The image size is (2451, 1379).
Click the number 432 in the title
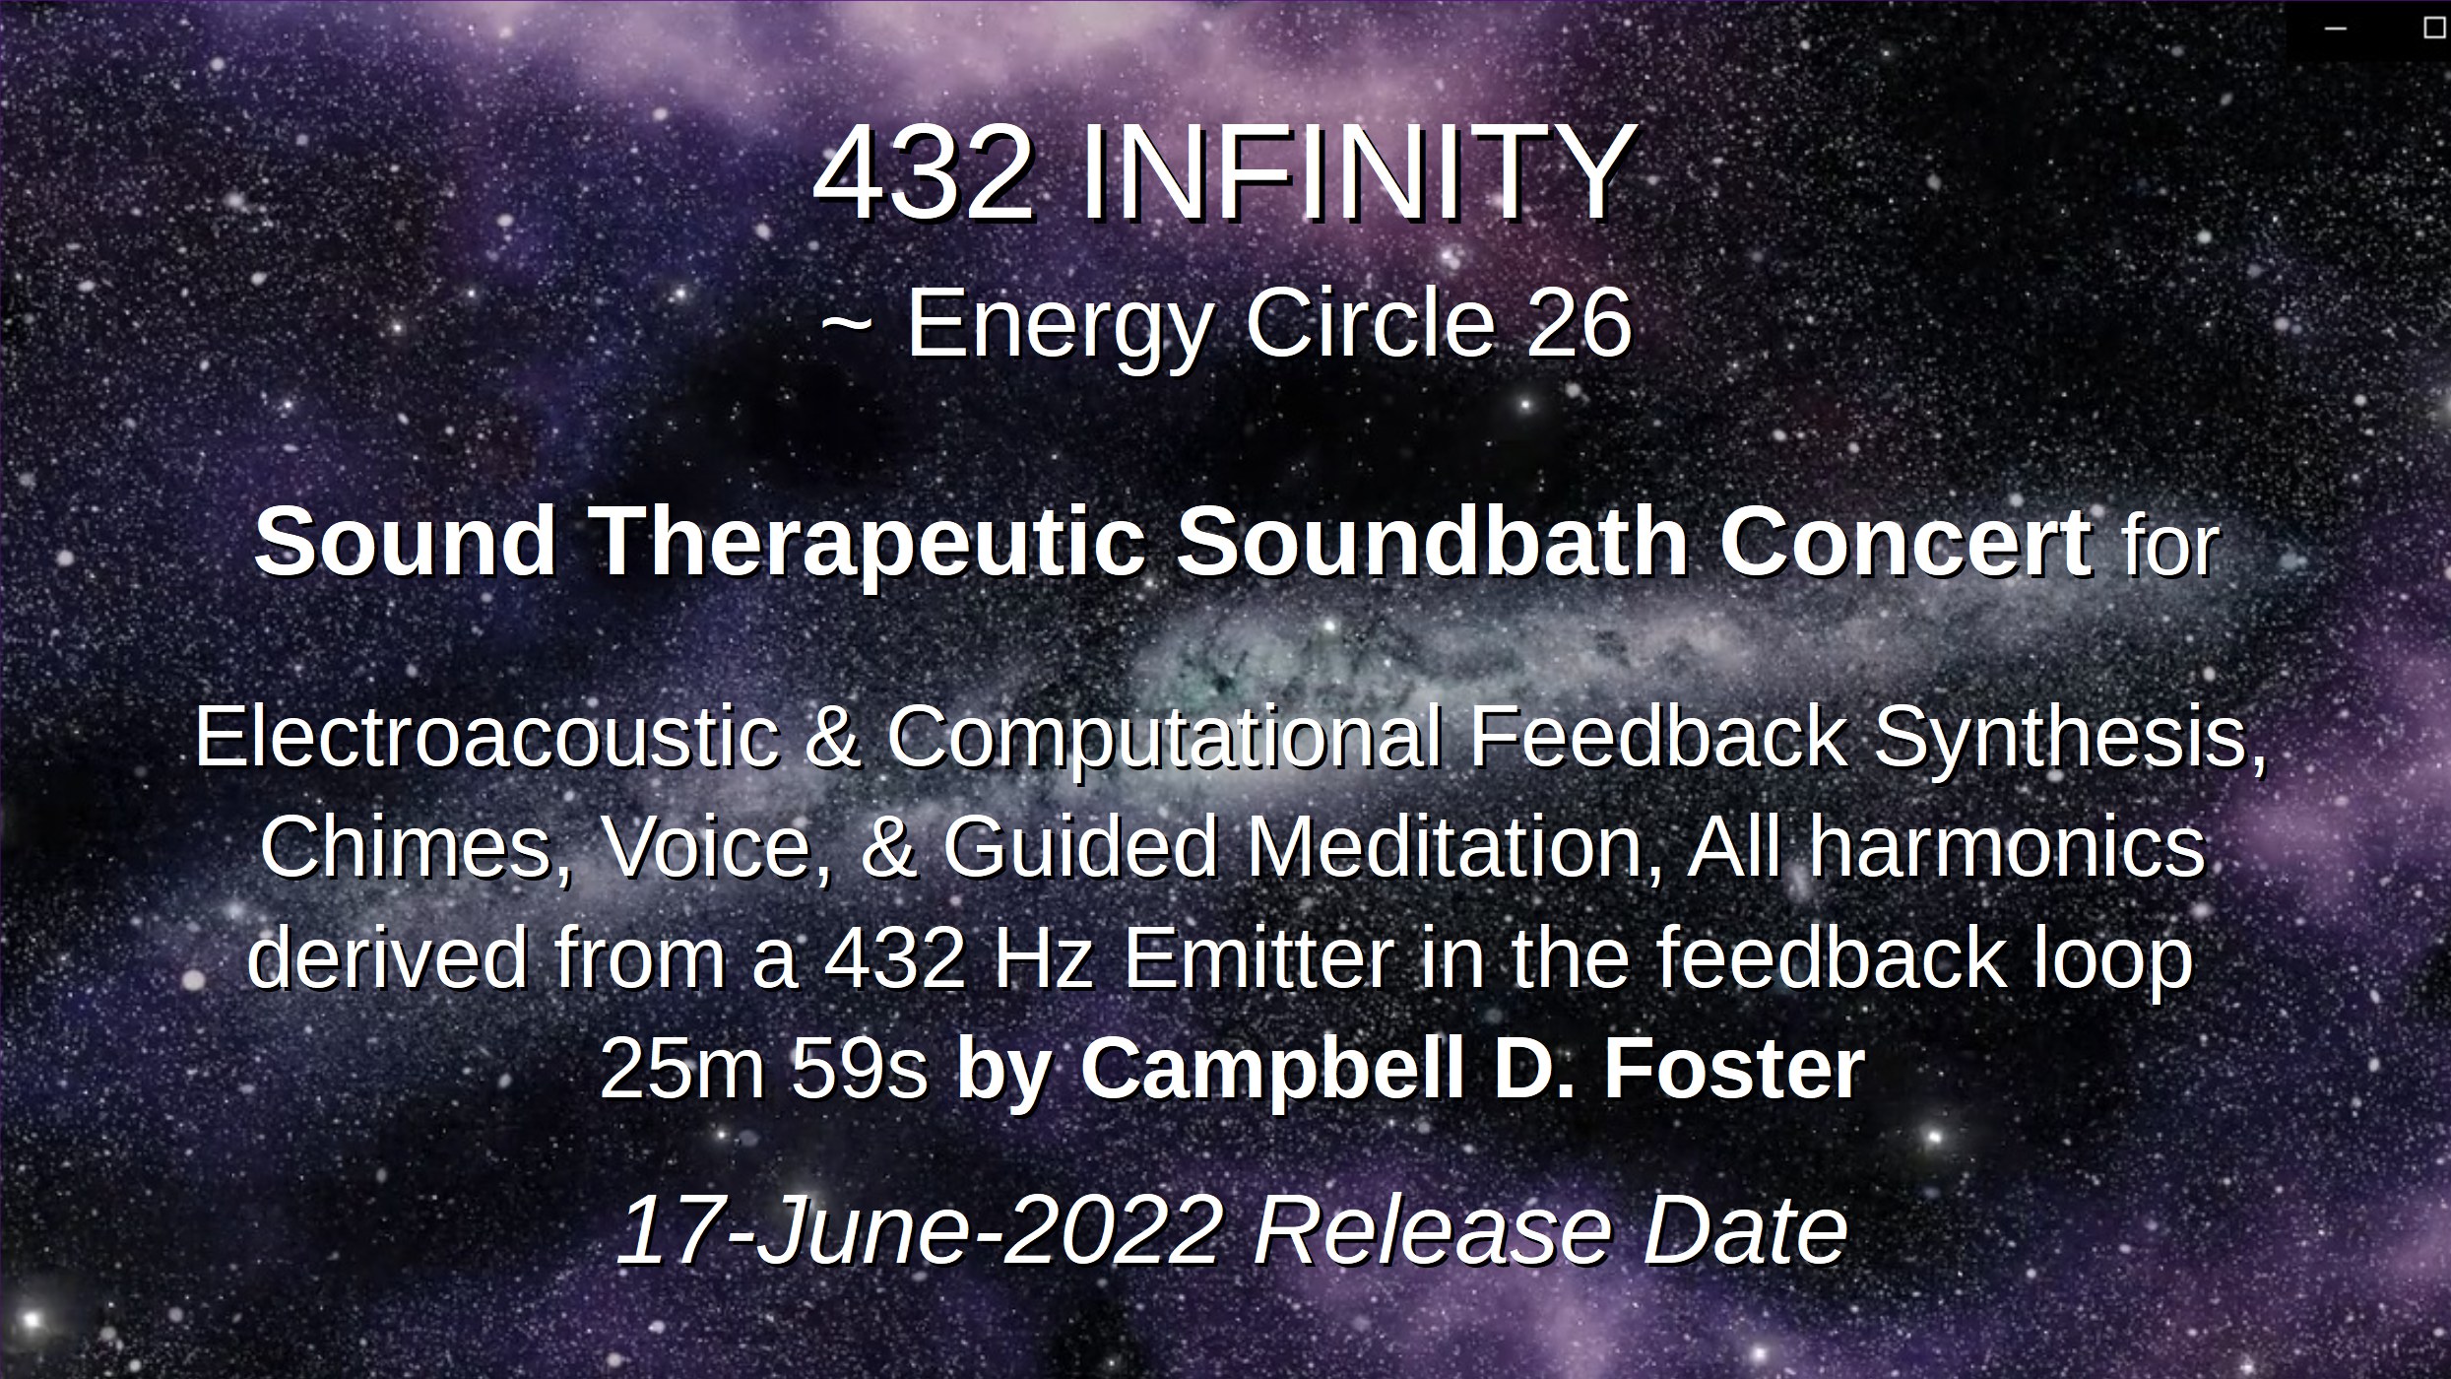[923, 175]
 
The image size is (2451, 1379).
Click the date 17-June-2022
[921, 1230]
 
